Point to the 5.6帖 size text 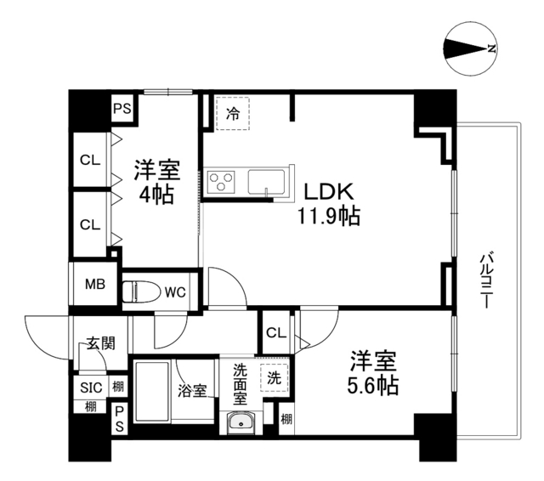coord(371,385)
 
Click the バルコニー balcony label coord(487,280)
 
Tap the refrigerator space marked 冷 coord(232,113)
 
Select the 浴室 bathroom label coord(192,391)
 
